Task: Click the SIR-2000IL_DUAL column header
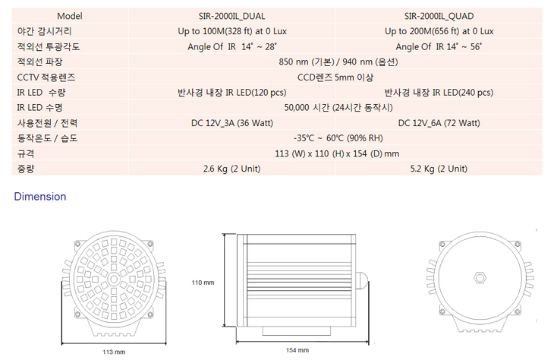pyautogui.click(x=231, y=16)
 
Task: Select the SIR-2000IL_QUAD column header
pyautogui.click(x=439, y=16)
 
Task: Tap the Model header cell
pyautogui.click(x=70, y=16)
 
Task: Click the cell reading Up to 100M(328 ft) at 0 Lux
pyautogui.click(x=232, y=31)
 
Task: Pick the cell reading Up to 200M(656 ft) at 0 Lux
pyautogui.click(x=439, y=31)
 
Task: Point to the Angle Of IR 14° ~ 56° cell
pyautogui.click(x=439, y=46)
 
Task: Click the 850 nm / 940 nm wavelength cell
pyautogui.click(x=338, y=62)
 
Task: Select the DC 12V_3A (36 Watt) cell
pyautogui.click(x=232, y=123)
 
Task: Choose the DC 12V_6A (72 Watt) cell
pyautogui.click(x=439, y=123)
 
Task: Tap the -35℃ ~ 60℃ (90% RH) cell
pyautogui.click(x=338, y=138)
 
